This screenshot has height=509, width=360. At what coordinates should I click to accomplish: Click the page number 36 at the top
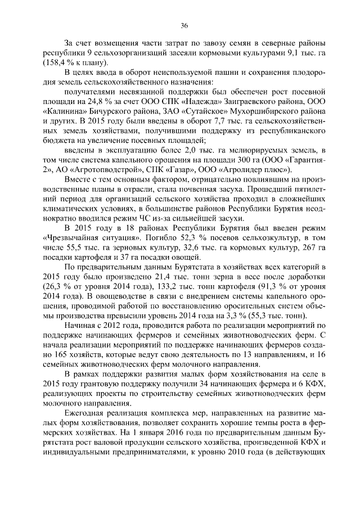[184, 25]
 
